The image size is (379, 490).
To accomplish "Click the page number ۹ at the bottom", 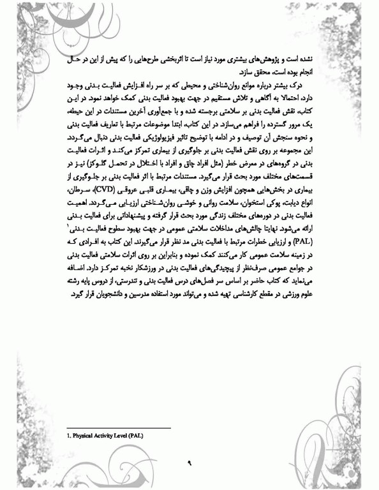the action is [189, 463].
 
